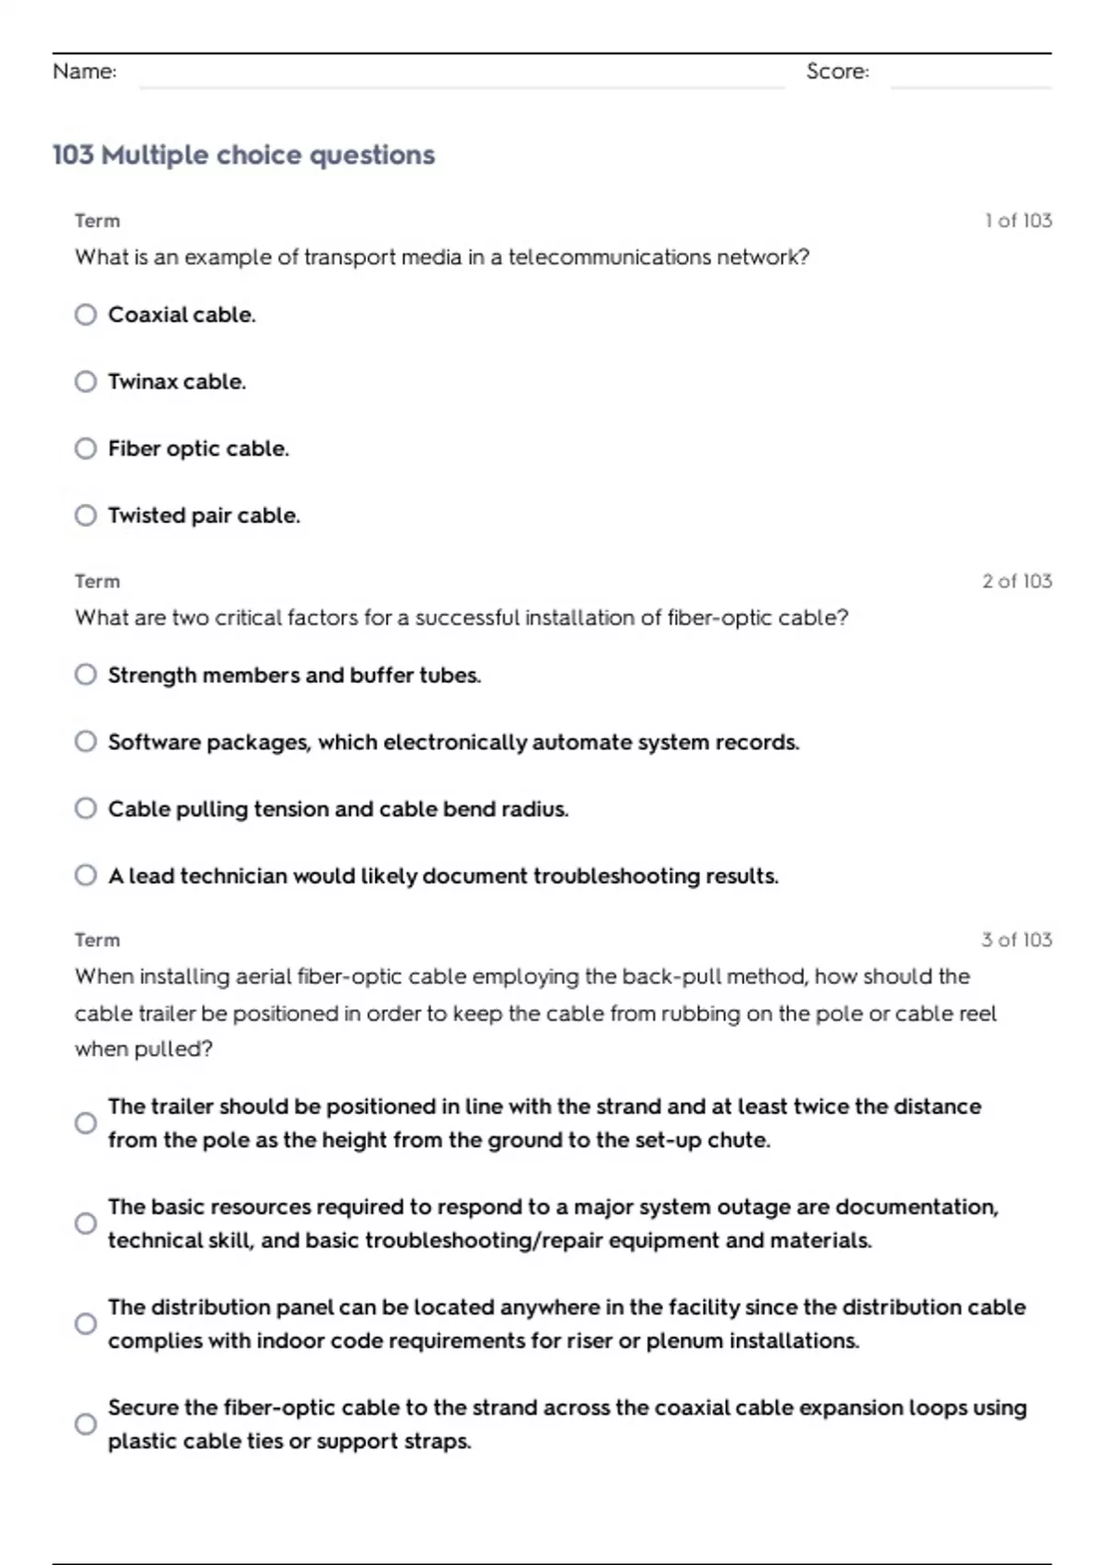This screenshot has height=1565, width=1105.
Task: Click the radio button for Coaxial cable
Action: pos(86,315)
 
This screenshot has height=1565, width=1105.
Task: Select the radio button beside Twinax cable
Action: pos(86,381)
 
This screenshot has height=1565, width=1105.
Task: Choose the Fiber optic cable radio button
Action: pos(86,448)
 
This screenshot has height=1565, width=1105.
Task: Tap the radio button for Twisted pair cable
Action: pos(86,516)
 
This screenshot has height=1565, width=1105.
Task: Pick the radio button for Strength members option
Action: pos(86,675)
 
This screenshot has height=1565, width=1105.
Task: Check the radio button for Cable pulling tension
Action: pos(86,808)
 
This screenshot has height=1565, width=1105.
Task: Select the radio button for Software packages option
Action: pos(86,742)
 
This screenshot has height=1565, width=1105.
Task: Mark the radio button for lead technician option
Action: pos(86,875)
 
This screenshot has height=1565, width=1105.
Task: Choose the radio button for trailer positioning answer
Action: pos(86,1123)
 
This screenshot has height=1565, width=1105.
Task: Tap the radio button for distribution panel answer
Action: pos(86,1324)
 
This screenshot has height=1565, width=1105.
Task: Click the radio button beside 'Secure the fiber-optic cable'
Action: pos(86,1424)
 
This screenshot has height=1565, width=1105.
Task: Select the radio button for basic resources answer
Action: pos(86,1223)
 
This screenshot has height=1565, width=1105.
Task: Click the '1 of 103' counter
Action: pos(1018,221)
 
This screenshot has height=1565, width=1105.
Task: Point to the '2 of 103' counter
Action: pos(1017,581)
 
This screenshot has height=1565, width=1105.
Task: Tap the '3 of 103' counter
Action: pos(1017,940)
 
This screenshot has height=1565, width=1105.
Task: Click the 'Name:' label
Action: pos(85,72)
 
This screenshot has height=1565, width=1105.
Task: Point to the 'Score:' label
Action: pos(837,72)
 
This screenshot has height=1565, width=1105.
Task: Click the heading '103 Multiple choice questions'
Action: pos(243,155)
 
